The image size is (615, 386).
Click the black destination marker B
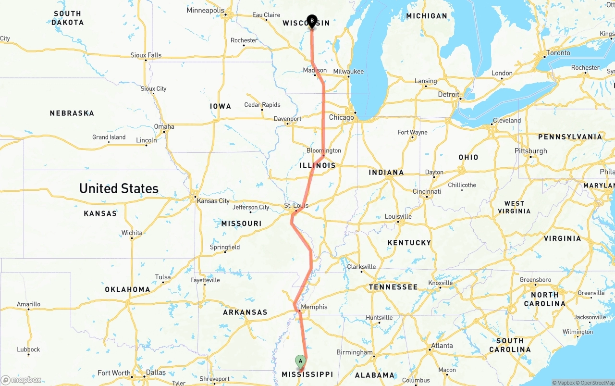tap(312, 21)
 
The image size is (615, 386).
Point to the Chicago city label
tap(341, 117)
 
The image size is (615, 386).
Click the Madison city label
tap(315, 70)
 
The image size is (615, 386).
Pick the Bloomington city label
tap(324, 150)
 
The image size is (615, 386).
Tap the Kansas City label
tap(213, 201)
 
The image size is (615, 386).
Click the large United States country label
tap(119, 188)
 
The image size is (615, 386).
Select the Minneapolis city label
tap(205, 10)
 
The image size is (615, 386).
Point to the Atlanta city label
tap(442, 345)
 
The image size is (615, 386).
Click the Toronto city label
tap(558, 53)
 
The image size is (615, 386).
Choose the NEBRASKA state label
tap(72, 113)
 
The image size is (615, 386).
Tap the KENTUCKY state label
tap(409, 243)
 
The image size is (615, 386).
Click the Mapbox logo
tap(21, 380)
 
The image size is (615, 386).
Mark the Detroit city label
tap(448, 95)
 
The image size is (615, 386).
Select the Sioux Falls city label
tap(146, 55)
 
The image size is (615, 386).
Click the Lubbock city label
tap(28, 349)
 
